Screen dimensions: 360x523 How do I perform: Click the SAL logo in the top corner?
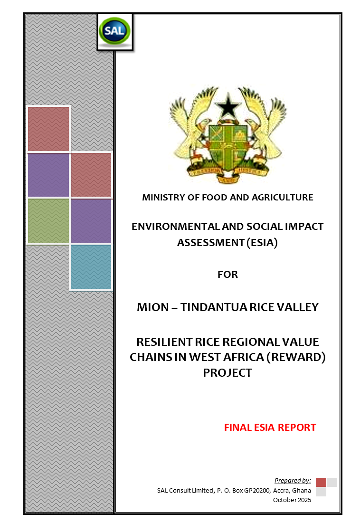pyautogui.click(x=114, y=31)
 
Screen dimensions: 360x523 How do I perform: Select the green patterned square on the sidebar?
pyautogui.click(x=48, y=221)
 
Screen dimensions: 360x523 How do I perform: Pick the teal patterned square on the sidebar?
pyautogui.click(x=91, y=267)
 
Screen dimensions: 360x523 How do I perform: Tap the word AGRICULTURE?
pyautogui.click(x=282, y=198)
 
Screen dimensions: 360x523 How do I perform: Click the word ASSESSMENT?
pyautogui.click(x=211, y=242)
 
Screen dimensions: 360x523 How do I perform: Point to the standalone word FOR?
pyautogui.click(x=227, y=275)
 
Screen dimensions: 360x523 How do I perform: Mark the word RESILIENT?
pyautogui.click(x=164, y=342)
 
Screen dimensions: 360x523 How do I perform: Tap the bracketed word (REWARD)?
pyautogui.click(x=296, y=357)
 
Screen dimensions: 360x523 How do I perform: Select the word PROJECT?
pyautogui.click(x=227, y=372)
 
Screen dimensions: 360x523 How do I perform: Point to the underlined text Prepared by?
pyautogui.click(x=293, y=480)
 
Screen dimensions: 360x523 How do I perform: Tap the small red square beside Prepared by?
pyautogui.click(x=321, y=482)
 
